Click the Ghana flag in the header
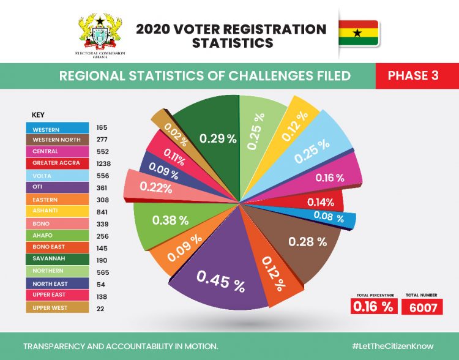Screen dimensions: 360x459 [x=359, y=33]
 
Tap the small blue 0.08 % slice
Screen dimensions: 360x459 [x=327, y=216]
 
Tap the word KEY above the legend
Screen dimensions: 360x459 [x=38, y=114]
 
